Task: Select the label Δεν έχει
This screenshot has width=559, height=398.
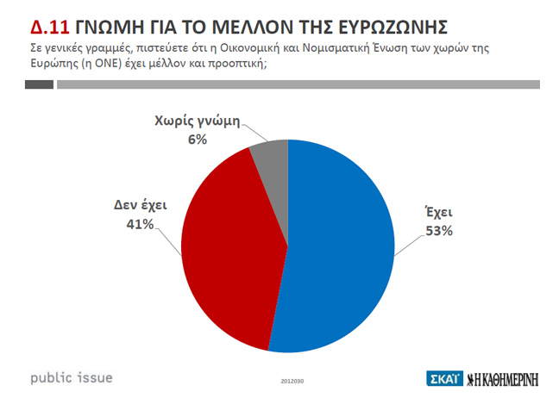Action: click(138, 206)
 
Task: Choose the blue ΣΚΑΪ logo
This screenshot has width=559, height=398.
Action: click(445, 378)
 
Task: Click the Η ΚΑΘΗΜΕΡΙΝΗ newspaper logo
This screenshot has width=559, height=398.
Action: click(509, 378)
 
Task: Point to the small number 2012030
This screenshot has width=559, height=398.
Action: click(292, 380)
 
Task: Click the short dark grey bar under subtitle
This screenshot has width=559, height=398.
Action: click(40, 84)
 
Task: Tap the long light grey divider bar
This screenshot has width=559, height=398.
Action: click(298, 84)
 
